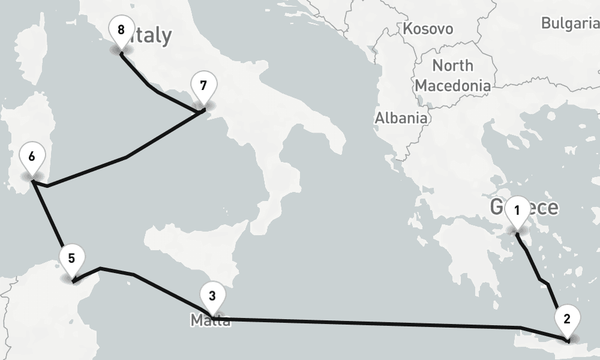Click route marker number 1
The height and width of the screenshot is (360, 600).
517,211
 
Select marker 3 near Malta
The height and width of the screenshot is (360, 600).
211,296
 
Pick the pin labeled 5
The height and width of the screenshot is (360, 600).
71,259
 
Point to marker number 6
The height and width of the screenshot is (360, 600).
32,157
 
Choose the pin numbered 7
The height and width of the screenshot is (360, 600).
203,86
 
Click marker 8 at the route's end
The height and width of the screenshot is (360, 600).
121,29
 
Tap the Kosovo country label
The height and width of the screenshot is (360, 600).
428,29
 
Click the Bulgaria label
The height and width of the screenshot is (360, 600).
569,23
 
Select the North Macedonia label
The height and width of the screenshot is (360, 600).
452,75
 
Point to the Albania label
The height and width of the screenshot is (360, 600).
401,118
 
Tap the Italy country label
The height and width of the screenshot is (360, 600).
150,36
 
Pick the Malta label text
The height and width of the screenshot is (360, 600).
211,321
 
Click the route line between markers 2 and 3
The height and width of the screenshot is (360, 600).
372,323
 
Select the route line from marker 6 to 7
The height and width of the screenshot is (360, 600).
126,157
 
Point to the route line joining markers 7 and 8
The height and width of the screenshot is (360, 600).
157,92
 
